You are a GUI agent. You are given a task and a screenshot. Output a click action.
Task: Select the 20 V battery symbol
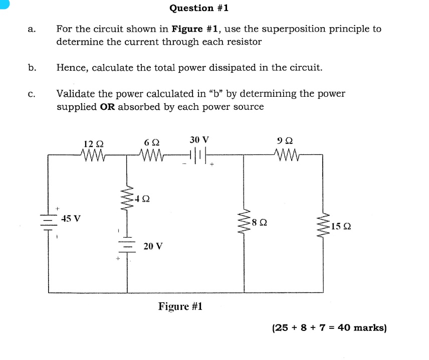coord(126,246)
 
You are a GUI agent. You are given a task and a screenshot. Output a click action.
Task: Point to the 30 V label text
coord(199,139)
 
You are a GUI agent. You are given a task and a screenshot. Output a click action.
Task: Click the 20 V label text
coord(153,246)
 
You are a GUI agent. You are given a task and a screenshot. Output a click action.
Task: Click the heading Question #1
coord(199,8)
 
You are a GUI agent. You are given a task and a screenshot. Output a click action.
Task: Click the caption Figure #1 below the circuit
coord(180,306)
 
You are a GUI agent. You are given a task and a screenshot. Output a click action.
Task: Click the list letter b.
coord(32,67)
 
